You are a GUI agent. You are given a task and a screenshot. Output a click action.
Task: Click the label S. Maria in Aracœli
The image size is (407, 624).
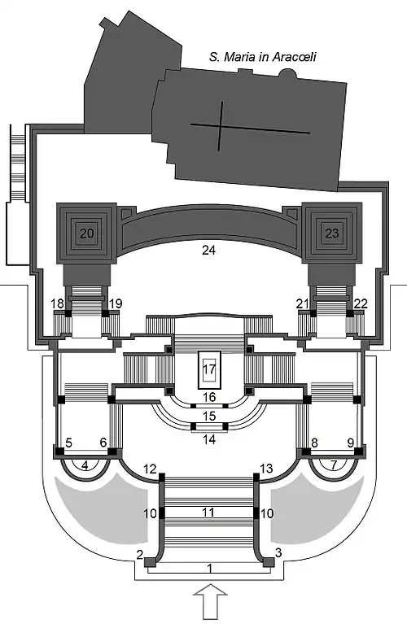tap(262, 56)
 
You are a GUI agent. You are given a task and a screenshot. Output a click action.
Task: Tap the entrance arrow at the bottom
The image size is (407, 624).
tap(210, 601)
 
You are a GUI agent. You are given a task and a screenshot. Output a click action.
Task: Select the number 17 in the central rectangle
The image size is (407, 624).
tap(209, 369)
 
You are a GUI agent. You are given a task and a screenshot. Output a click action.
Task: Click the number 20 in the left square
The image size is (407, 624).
tap(86, 233)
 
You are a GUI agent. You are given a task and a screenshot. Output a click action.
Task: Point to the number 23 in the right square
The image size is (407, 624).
tap(332, 233)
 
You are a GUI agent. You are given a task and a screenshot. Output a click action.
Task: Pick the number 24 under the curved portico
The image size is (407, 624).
tap(208, 250)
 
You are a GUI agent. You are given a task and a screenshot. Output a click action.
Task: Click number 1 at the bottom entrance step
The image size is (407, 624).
tap(210, 569)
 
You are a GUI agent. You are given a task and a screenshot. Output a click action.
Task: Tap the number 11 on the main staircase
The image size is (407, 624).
tap(208, 512)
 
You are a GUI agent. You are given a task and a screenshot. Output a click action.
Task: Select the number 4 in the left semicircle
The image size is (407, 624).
tap(85, 465)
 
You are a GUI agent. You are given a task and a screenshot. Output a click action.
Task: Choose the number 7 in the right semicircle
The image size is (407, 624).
tap(334, 465)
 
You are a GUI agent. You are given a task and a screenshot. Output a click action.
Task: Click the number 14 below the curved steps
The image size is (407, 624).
tap(209, 439)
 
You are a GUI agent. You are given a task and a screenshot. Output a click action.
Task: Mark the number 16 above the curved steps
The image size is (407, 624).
tap(209, 397)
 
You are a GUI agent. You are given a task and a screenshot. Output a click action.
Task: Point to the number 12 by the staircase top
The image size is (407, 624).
tap(150, 469)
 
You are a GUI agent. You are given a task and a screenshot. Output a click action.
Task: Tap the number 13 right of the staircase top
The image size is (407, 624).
tap(266, 469)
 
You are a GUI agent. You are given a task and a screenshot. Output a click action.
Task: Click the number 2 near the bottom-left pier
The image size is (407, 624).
tap(139, 554)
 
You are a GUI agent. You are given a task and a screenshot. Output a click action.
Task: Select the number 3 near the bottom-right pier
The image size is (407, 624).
tap(278, 552)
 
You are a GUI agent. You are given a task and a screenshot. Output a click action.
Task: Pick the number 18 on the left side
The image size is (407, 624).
tap(57, 303)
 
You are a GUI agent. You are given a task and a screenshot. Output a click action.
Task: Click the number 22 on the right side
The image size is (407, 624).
tap(361, 303)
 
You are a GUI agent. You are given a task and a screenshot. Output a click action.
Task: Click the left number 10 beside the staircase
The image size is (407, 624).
tap(150, 513)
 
